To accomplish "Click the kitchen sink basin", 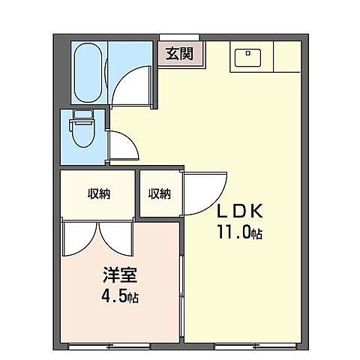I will click(x=247, y=56).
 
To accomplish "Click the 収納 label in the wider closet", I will click(x=98, y=194).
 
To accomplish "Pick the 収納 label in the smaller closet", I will click(x=159, y=194).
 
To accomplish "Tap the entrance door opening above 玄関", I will click(x=179, y=36).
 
